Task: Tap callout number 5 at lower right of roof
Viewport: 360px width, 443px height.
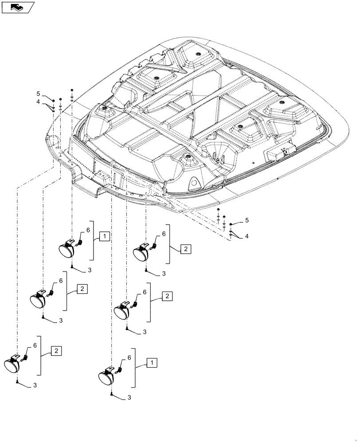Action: point(247,220)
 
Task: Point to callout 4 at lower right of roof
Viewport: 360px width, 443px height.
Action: point(247,237)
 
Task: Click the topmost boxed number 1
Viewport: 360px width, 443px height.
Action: point(103,237)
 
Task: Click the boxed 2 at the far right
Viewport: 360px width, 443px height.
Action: point(186,249)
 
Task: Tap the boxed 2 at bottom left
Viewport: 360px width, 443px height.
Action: point(56,351)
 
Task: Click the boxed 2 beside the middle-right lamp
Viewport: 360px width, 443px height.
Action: point(167,295)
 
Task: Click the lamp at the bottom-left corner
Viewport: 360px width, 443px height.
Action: point(13,363)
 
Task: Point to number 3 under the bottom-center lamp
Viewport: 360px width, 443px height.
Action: point(130,398)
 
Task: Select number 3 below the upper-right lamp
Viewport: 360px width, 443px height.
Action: point(164,274)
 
